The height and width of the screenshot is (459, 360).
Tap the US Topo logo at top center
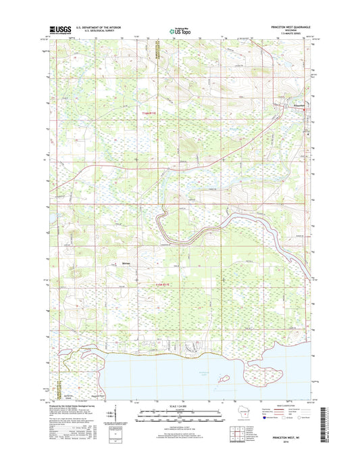pyautogui.click(x=180, y=29)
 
